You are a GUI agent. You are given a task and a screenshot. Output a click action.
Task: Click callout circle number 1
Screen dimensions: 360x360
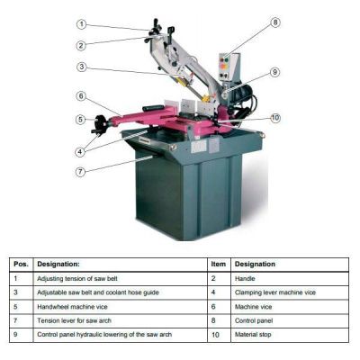point(81,24)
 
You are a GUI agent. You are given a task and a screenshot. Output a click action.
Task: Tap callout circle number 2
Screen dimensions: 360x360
point(81,45)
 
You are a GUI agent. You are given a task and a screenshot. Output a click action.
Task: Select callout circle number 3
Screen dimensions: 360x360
point(81,67)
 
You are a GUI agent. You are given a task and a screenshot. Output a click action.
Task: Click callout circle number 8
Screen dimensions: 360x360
point(274,22)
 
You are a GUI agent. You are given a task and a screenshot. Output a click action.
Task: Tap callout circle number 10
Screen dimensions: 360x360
point(275,117)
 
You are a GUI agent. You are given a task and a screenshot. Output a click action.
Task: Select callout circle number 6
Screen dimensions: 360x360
point(81,96)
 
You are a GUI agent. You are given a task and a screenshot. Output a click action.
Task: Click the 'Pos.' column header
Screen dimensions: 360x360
point(21,265)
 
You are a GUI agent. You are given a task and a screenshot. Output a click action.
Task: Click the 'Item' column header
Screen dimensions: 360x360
point(217,265)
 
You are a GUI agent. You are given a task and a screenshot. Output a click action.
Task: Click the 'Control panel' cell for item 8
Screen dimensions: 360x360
point(256,321)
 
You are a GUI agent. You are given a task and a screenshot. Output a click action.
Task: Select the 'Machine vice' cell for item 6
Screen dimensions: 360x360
point(256,307)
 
